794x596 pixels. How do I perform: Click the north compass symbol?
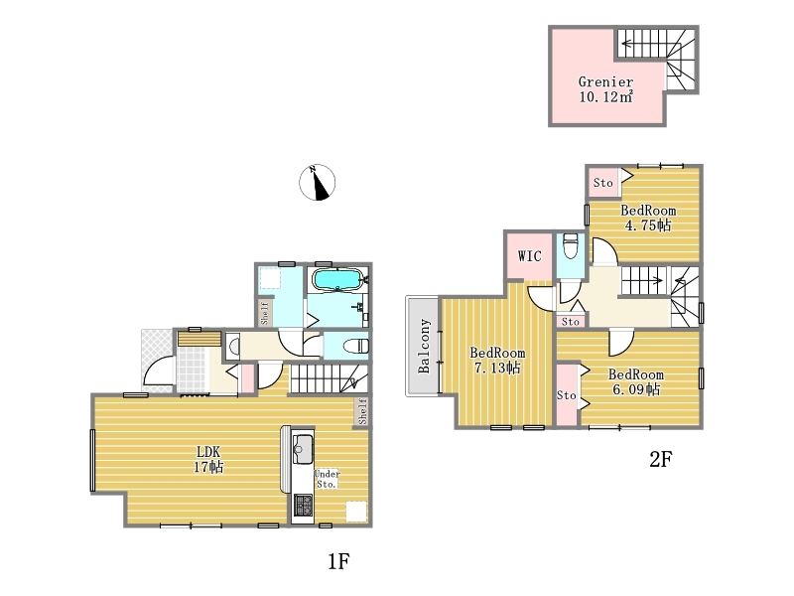(x=317, y=183)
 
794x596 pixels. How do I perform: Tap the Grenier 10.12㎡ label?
(x=605, y=89)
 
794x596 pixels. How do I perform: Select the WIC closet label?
(x=529, y=256)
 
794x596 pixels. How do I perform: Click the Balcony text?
(x=424, y=346)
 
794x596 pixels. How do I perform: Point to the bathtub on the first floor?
(x=336, y=280)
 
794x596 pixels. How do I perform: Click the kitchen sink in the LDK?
(x=303, y=449)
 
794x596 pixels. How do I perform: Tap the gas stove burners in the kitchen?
(x=303, y=506)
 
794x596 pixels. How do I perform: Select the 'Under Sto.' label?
(x=327, y=479)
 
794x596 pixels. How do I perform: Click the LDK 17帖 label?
(x=208, y=459)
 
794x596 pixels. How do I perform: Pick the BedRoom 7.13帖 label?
(x=497, y=361)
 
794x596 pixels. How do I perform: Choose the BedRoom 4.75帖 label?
(x=648, y=218)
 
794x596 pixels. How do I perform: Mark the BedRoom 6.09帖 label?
(x=636, y=382)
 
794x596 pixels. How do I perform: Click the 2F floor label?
(x=660, y=459)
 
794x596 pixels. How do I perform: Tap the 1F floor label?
(x=338, y=561)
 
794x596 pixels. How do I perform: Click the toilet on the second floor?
(x=570, y=245)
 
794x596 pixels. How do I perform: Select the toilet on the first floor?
(x=355, y=346)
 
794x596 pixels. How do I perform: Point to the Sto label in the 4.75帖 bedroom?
(x=603, y=183)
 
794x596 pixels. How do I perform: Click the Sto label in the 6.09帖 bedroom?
(x=566, y=394)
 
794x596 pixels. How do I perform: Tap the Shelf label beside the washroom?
(x=264, y=313)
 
